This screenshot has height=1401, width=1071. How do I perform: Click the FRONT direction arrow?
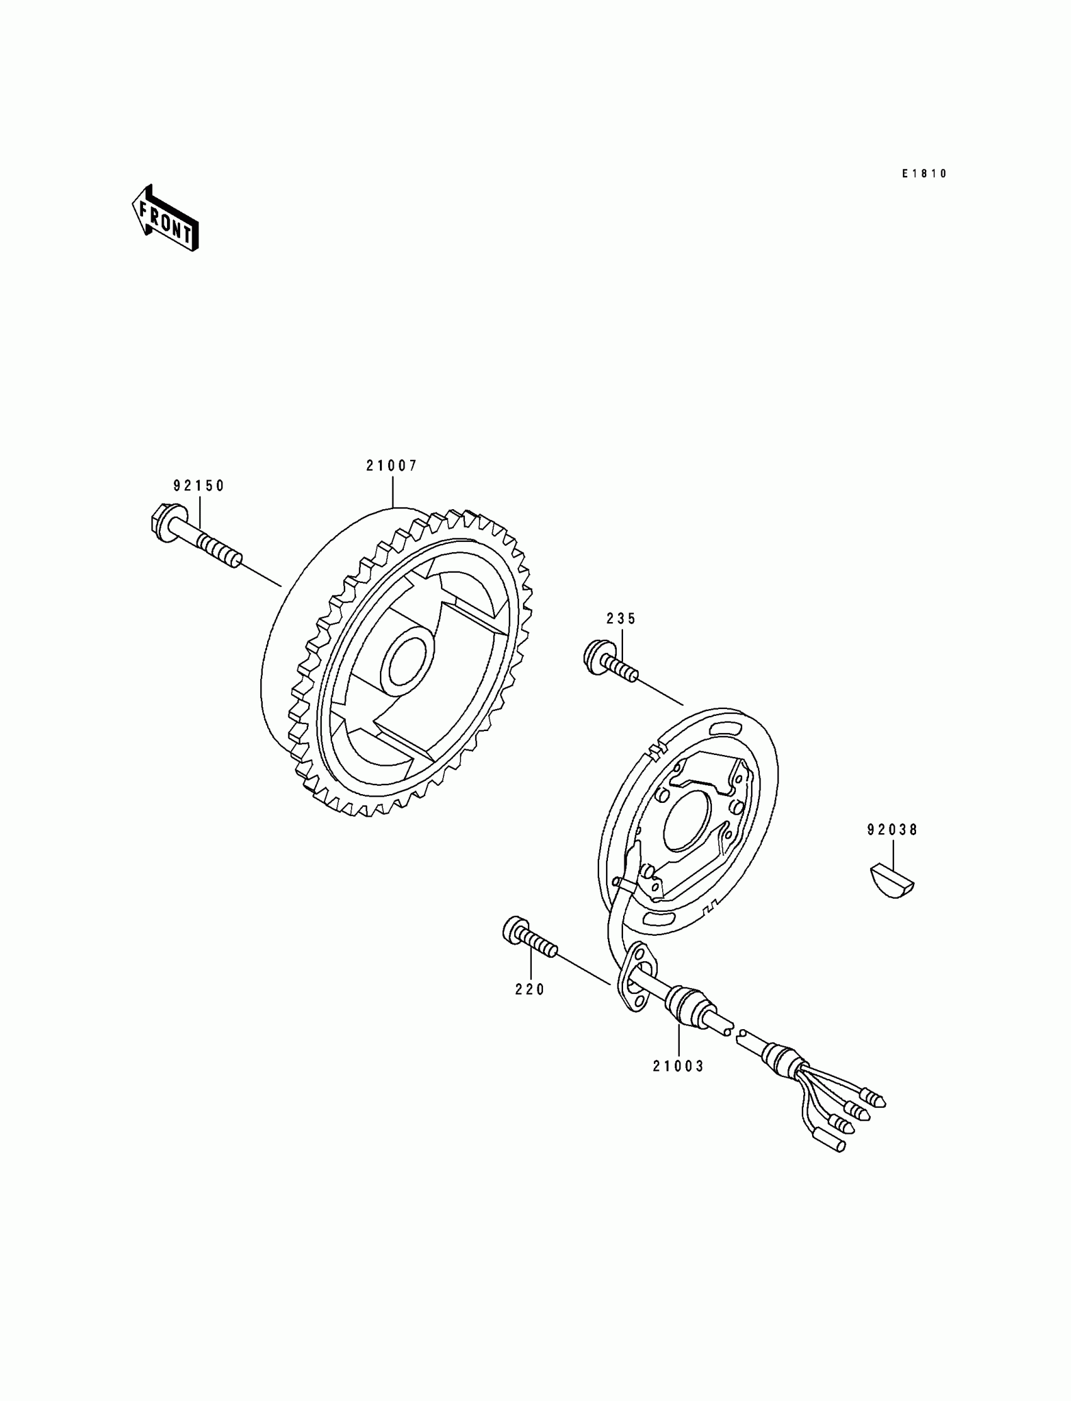point(165,218)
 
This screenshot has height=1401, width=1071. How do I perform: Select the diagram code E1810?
point(924,173)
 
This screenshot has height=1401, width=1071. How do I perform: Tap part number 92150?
point(199,486)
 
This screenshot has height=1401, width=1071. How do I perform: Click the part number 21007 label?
point(391,466)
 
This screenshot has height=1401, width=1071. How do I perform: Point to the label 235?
point(621,618)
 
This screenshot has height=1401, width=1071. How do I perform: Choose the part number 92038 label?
point(892,829)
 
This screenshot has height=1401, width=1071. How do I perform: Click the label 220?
point(530,989)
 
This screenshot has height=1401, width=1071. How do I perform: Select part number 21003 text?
point(678,1066)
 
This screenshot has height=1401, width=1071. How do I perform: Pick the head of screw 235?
point(593,657)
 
